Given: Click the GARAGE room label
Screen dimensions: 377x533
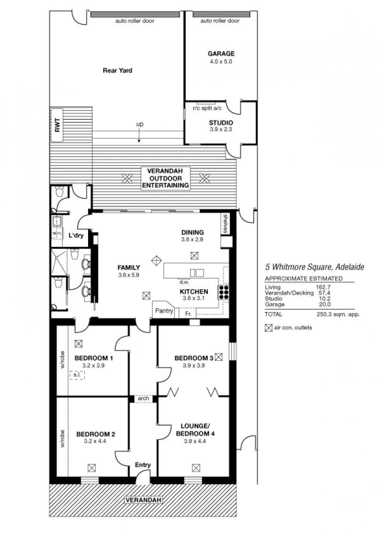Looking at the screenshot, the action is (x=221, y=54).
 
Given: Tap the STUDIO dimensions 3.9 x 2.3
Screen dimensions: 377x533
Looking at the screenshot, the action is (x=221, y=129).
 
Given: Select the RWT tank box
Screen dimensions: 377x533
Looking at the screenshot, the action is (x=57, y=125).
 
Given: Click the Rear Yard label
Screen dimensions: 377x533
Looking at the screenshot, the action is (x=117, y=71).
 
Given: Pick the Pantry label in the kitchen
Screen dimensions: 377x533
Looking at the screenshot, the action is (x=164, y=311).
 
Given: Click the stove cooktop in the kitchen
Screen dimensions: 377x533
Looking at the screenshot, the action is (x=223, y=292).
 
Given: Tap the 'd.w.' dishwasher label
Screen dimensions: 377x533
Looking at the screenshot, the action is (x=184, y=282).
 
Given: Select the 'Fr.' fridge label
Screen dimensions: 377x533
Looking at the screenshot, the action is (x=188, y=314).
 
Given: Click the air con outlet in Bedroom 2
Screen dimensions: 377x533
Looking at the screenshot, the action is (x=91, y=468).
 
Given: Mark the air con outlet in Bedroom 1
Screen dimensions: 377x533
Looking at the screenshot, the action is (x=79, y=344).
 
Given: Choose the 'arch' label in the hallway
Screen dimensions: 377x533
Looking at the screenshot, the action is (x=144, y=398).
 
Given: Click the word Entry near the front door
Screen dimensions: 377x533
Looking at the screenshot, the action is (x=143, y=465).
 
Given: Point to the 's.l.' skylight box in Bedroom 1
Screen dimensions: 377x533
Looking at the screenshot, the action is (x=77, y=375).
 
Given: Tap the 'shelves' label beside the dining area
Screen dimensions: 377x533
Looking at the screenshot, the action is (x=225, y=224).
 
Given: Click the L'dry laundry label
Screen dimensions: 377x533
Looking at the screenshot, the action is (x=76, y=235).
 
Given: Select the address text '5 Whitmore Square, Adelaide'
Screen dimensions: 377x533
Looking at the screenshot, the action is (x=314, y=267).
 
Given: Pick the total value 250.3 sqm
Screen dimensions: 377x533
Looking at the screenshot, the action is (x=338, y=315).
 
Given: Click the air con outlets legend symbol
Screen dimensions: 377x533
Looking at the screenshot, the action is (x=269, y=328).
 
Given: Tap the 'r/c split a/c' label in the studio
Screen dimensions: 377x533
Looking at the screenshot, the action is (x=207, y=108).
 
